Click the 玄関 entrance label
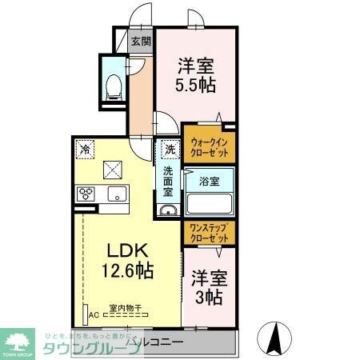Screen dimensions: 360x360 coord(141,42)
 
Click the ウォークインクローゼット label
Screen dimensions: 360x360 coord(210,146)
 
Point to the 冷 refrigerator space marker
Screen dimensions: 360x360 coord(86,148)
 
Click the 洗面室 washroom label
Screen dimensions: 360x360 coord(169,181)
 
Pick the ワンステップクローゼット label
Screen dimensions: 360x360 coord(210,233)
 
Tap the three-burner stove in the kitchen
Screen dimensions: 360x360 coord(86,194)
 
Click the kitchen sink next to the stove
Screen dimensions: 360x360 coord(115,194)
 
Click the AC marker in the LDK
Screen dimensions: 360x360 coord(94,314)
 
